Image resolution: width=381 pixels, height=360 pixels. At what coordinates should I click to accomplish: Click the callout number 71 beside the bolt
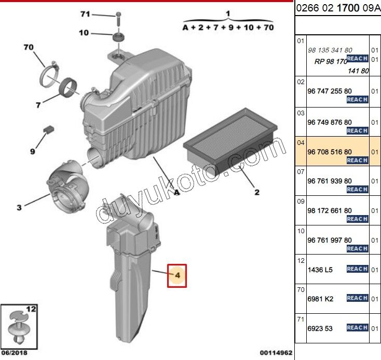(85, 14)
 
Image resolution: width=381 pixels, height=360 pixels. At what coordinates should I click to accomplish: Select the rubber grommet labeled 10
(119, 37)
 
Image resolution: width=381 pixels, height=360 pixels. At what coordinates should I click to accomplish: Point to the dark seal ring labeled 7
(69, 88)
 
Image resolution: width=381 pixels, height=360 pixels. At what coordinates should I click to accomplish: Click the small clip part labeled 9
(49, 129)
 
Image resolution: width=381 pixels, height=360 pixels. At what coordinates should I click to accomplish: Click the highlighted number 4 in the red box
(178, 275)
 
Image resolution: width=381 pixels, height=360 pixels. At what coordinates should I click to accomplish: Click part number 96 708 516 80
(330, 152)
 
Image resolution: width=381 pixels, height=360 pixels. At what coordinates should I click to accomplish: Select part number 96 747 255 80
(330, 91)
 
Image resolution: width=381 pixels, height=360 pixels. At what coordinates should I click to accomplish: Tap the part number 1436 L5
(320, 270)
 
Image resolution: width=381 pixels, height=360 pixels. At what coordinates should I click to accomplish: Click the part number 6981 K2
(320, 299)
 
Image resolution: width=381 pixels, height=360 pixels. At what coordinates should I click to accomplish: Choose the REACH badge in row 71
(358, 327)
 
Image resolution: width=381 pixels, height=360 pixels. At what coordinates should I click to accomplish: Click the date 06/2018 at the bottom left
(15, 353)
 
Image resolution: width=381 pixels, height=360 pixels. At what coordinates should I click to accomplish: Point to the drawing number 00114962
(276, 353)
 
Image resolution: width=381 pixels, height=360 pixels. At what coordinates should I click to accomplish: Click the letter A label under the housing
(176, 192)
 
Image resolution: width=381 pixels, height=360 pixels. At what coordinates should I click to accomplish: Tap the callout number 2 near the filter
(257, 192)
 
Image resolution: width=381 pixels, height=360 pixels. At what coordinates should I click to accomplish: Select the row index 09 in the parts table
(301, 202)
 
